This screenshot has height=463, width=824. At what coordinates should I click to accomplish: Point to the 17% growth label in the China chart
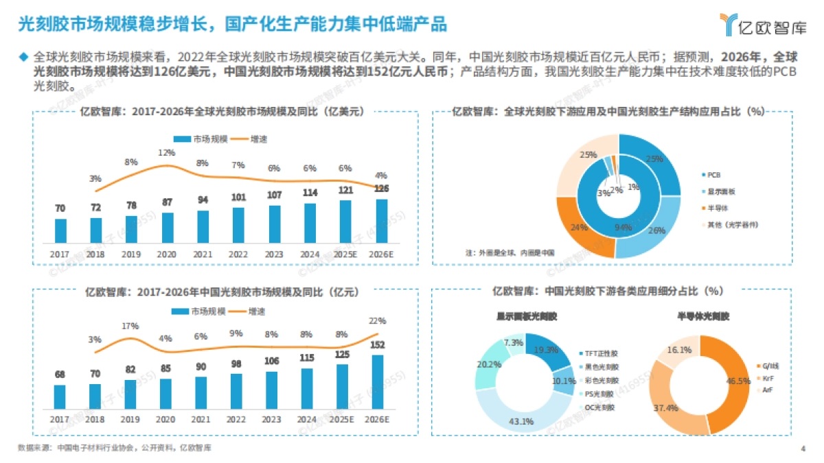130,326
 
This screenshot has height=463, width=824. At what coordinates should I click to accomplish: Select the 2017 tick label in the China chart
60,419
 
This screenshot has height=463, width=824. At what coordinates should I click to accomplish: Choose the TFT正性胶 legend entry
601,353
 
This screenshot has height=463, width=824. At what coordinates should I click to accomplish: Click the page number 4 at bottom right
803,449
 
